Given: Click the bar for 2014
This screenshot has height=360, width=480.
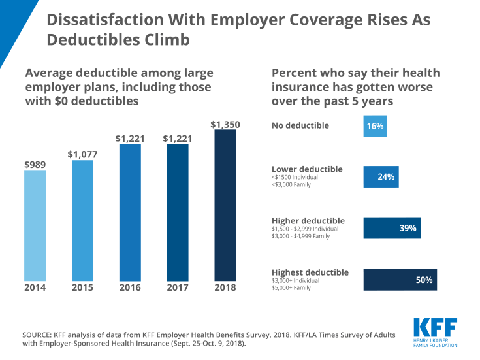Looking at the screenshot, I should click(35, 225).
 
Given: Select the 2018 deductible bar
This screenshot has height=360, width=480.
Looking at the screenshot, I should click(225, 206).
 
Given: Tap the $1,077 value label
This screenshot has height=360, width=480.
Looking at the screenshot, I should click(82, 155).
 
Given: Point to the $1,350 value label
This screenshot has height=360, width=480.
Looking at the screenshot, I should click(225, 123).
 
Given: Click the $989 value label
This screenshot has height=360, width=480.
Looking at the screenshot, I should click(35, 164).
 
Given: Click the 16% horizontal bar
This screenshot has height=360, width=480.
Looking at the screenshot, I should click(375, 125).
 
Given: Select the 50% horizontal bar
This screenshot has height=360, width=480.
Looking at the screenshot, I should click(400, 280).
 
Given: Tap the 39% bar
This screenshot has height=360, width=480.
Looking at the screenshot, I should click(392, 228).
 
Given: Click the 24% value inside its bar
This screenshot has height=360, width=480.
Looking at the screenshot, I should click(386, 176).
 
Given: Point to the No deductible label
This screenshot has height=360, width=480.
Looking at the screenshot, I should click(300, 125).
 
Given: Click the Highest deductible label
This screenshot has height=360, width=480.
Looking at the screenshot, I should click(310, 272).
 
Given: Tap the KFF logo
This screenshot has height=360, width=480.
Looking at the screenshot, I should click(435, 332).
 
